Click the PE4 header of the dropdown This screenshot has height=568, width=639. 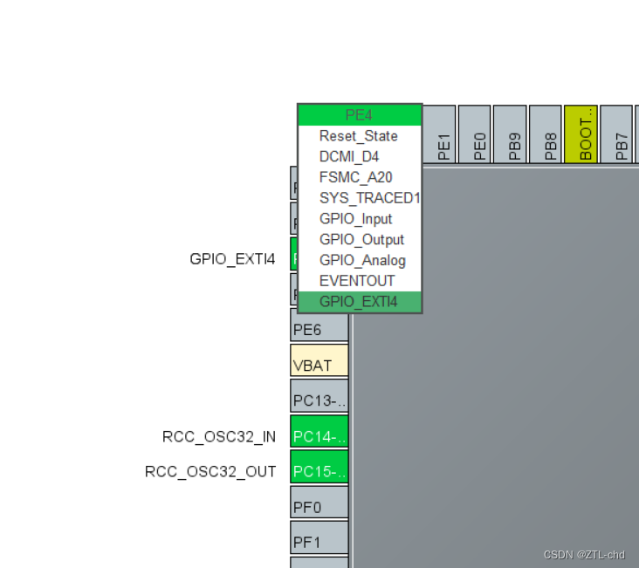(x=360, y=115)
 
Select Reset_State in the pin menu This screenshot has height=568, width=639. (x=358, y=136)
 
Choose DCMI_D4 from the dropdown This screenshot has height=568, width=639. (x=349, y=157)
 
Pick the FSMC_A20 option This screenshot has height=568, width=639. (x=355, y=177)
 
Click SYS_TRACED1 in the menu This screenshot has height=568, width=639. (x=369, y=198)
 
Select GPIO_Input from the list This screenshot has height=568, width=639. (x=355, y=219)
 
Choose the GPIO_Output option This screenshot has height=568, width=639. (x=361, y=240)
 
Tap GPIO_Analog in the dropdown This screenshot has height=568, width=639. (x=362, y=260)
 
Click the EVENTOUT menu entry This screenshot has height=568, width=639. (x=357, y=281)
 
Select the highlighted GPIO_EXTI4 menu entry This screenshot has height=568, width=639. (x=358, y=302)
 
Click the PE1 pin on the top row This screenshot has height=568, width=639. (x=443, y=134)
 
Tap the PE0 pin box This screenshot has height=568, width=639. (x=478, y=134)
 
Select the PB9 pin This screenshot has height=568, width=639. (x=513, y=134)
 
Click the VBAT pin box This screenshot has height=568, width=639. (x=319, y=361)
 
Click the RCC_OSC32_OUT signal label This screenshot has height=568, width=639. (x=210, y=472)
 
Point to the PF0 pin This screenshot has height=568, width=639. (x=319, y=503)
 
